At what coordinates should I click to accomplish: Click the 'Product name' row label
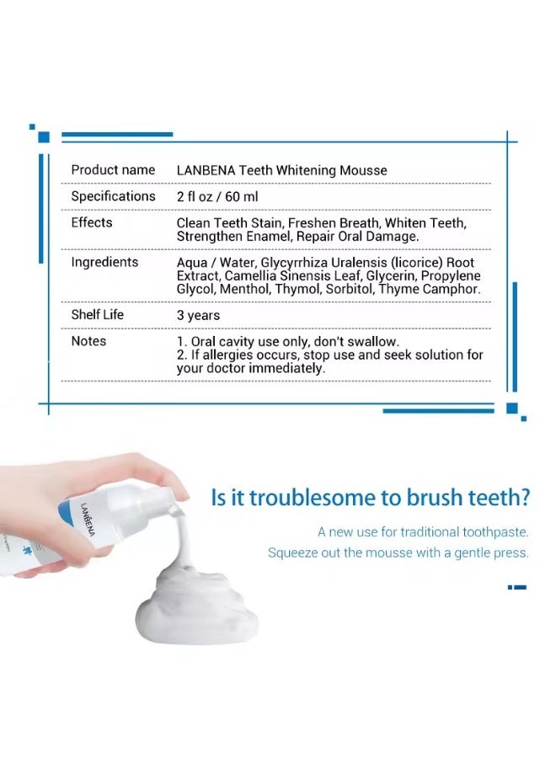(x=113, y=170)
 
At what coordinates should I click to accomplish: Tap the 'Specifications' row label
(x=113, y=196)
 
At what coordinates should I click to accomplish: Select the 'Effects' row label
(x=92, y=222)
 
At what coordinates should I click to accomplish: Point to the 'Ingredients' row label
(x=104, y=262)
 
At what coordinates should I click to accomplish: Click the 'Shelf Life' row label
(x=97, y=314)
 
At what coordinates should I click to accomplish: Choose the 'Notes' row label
(x=88, y=341)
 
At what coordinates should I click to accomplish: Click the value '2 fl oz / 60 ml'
(x=217, y=197)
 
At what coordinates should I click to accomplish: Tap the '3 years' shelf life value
(x=198, y=315)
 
